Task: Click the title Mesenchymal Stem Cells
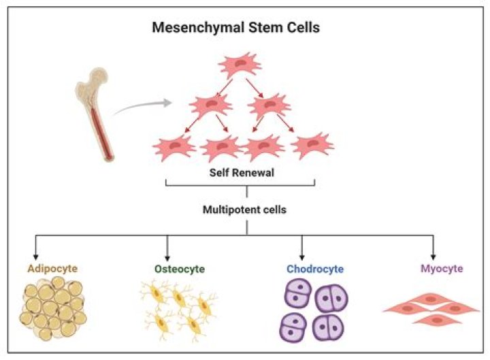pyautogui.click(x=235, y=27)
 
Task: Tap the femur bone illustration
pyautogui.click(x=95, y=114)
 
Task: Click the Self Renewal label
pyautogui.click(x=242, y=172)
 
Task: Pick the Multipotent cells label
pyautogui.click(x=244, y=210)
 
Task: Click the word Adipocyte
pyautogui.click(x=52, y=269)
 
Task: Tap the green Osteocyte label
pyautogui.click(x=180, y=269)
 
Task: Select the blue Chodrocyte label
pyautogui.click(x=315, y=269)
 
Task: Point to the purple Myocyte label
pyautogui.click(x=442, y=269)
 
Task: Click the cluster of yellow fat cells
pyautogui.click(x=53, y=308)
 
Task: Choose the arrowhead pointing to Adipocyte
pyautogui.click(x=35, y=257)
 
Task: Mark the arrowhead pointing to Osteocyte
pyautogui.click(x=167, y=258)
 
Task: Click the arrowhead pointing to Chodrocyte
pyautogui.click(x=301, y=257)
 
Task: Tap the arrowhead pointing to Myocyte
pyautogui.click(x=433, y=257)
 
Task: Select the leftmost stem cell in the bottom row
pyautogui.click(x=174, y=147)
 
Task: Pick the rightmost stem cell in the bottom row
pyautogui.click(x=312, y=145)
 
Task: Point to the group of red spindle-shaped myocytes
pyautogui.click(x=431, y=310)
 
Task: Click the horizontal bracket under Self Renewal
pyautogui.click(x=240, y=185)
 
